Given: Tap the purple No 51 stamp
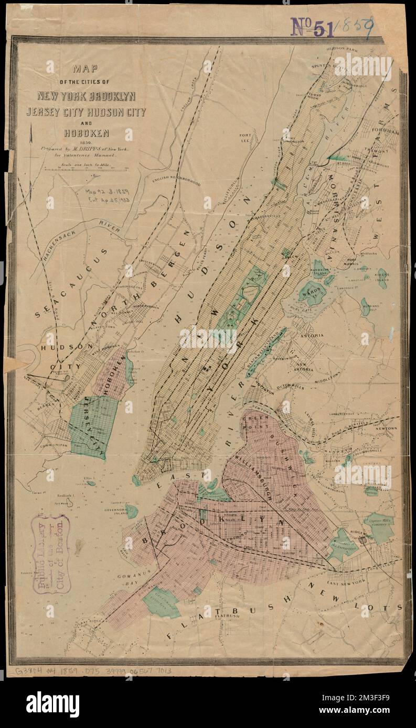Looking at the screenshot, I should tap(312, 27).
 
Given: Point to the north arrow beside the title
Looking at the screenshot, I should tap(31, 141).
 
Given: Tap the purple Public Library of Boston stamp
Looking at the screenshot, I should tap(51, 555).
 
